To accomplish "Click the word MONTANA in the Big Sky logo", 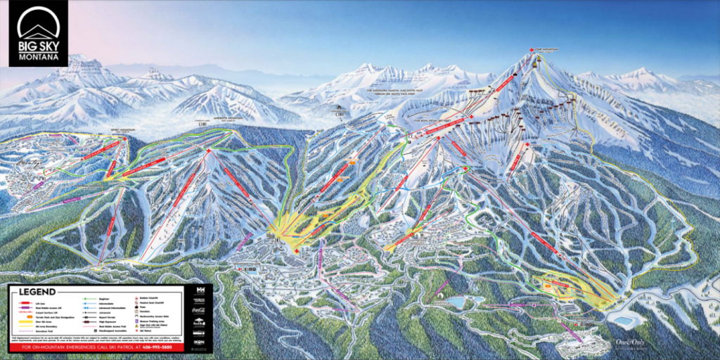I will [x=39, y=57].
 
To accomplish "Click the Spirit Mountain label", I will [x=121, y=131].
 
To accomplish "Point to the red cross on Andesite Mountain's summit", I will [x=209, y=151].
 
